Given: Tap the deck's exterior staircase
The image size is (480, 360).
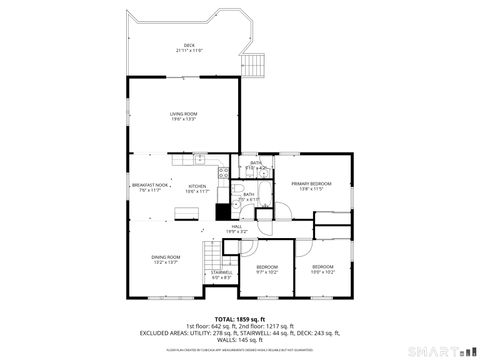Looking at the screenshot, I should pyautogui.click(x=258, y=62).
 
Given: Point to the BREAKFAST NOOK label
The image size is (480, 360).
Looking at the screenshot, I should pyautogui.click(x=147, y=187).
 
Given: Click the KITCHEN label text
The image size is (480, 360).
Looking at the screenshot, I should pyautogui.click(x=198, y=187).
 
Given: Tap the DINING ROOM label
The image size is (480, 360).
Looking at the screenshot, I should pyautogui.click(x=166, y=261).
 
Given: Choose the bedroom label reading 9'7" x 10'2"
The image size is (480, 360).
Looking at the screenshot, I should pyautogui.click(x=267, y=269).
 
